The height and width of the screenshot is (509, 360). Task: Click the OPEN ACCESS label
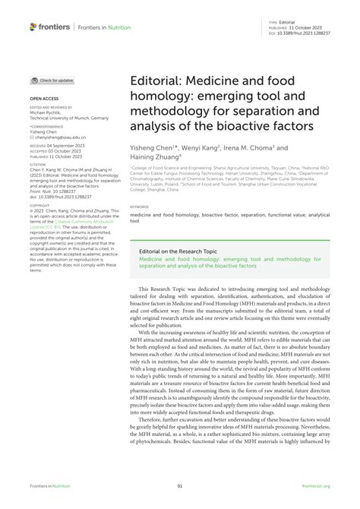click(45, 99)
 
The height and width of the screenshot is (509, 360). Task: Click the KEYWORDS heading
click(139, 206)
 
